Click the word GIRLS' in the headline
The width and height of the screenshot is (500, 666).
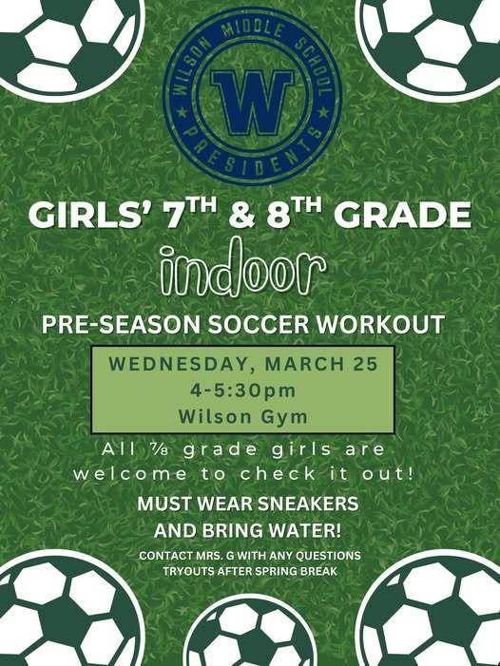coord(90,215)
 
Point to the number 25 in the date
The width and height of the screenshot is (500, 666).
coord(365,365)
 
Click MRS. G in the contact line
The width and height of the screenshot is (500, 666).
coord(222,555)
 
